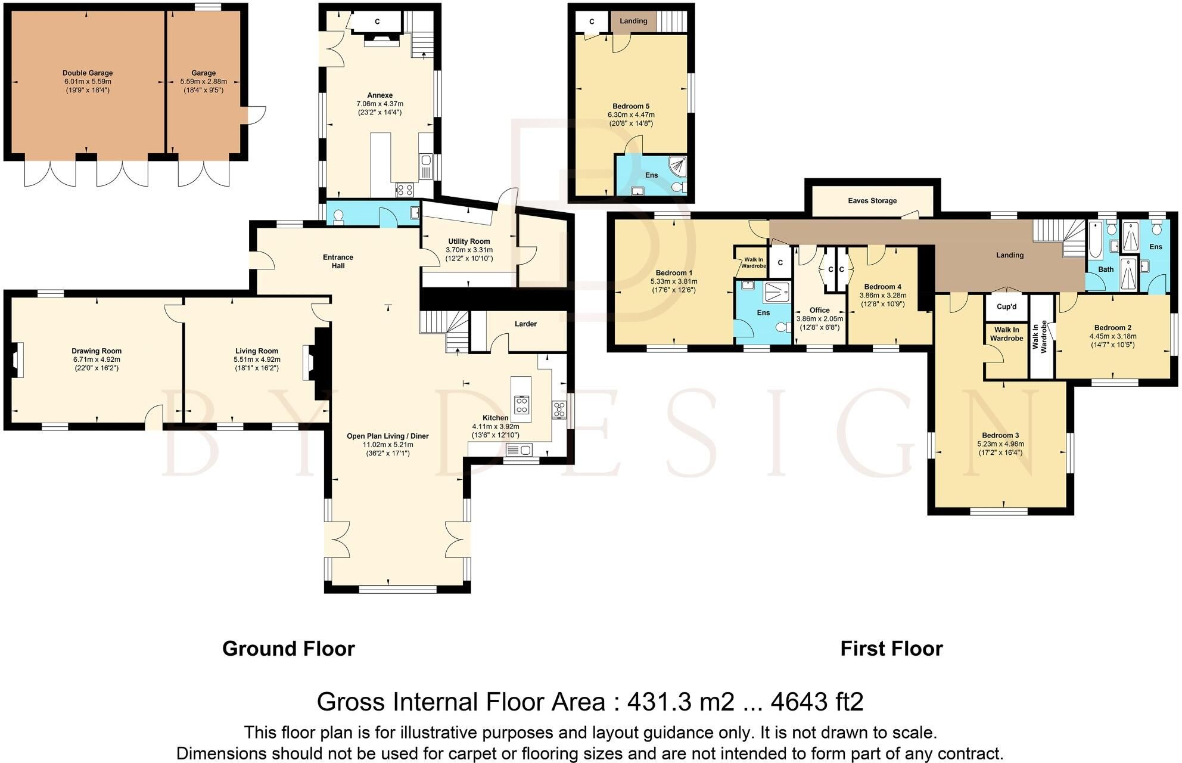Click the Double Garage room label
point(88,73)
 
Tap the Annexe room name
point(380,95)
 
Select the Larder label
point(525,324)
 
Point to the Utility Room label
point(469,241)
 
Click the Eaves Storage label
point(872,201)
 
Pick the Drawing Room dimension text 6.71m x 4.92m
point(97,359)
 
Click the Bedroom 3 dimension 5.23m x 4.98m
point(1000,444)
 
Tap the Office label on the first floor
point(820,310)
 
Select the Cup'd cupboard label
point(1007,307)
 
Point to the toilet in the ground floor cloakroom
point(339,216)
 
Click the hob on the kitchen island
point(522,405)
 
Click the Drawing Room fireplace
point(18,359)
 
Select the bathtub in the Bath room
point(1096,240)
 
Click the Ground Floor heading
point(288,649)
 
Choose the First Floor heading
point(891,649)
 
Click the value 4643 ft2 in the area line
point(817,702)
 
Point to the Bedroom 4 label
point(882,287)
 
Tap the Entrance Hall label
point(338,262)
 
